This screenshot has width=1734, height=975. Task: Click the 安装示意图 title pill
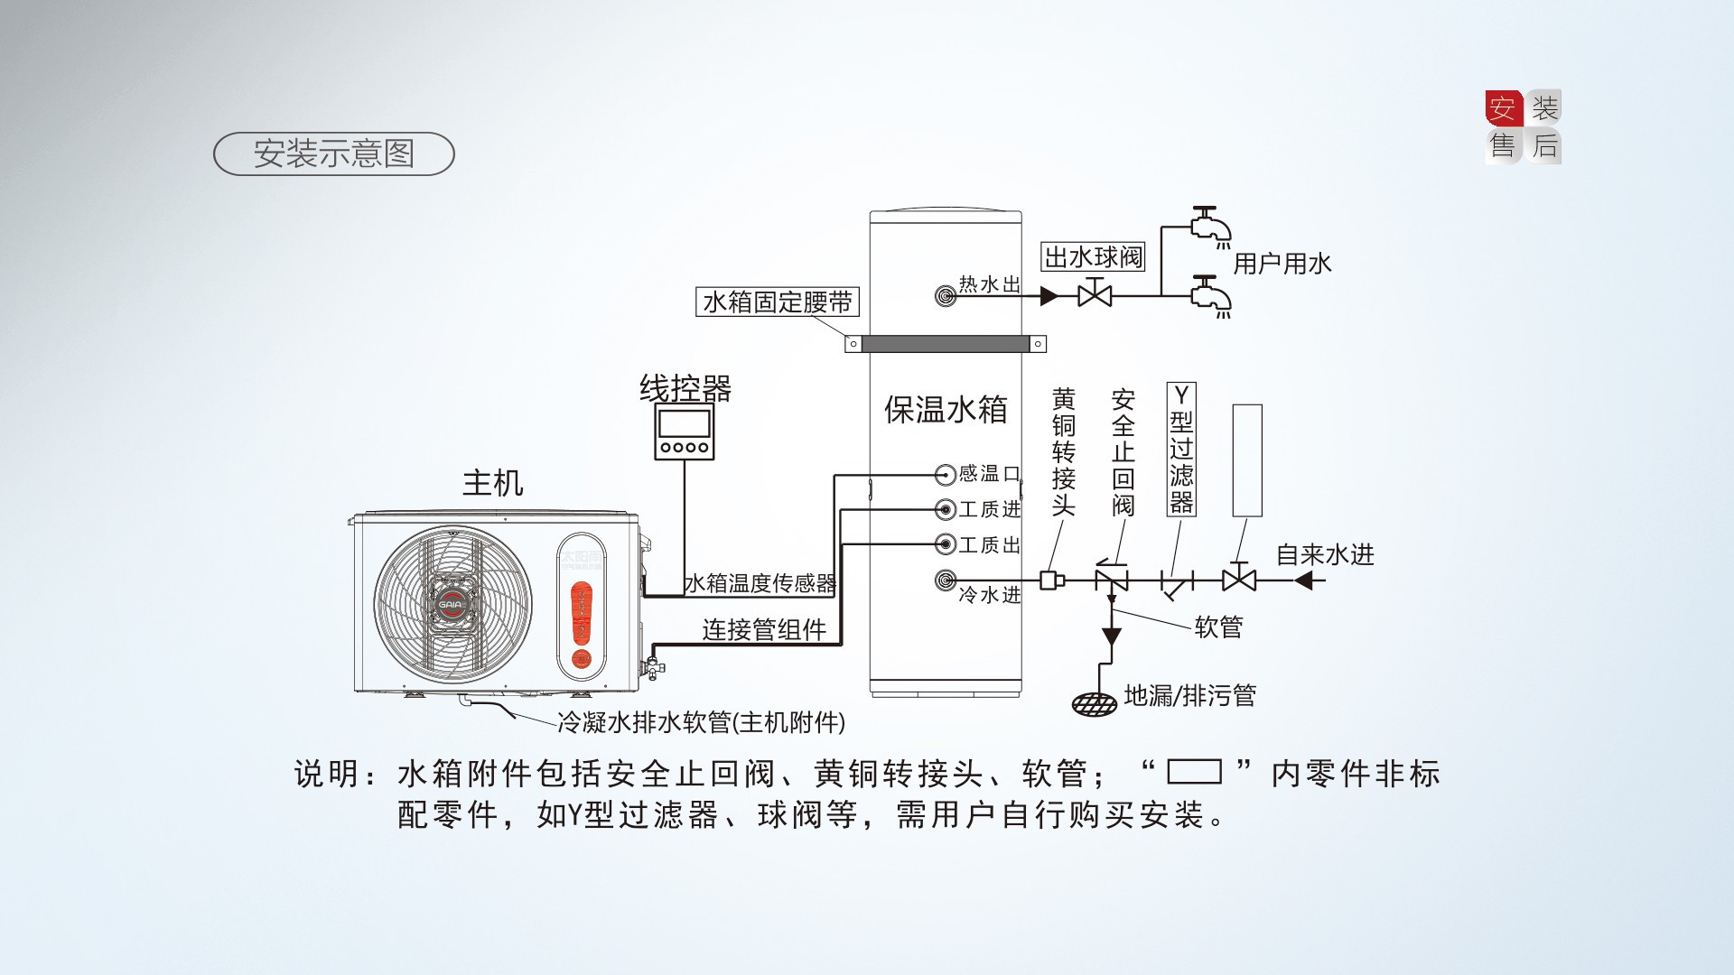[333, 153]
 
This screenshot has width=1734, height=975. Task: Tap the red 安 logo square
[1503, 108]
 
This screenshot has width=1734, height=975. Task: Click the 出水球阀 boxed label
[1093, 257]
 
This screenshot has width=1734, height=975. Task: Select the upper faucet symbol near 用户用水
[1207, 224]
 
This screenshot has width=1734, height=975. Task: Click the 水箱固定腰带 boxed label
[777, 302]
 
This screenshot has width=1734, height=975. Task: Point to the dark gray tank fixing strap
[945, 344]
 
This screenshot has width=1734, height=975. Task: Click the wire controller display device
[685, 432]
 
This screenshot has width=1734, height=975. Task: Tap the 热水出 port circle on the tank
[945, 295]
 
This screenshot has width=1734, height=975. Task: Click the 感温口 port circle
[945, 474]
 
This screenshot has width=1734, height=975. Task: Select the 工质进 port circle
[945, 510]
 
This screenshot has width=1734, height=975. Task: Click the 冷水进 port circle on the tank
[945, 580]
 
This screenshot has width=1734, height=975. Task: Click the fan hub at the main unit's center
[452, 604]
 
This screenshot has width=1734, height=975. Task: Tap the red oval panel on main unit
[582, 614]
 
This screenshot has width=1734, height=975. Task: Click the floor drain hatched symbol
[1094, 704]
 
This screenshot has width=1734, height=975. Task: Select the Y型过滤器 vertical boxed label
[1180, 449]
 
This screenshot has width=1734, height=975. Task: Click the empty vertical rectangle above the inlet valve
[1247, 460]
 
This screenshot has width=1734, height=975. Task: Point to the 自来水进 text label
[1325, 554]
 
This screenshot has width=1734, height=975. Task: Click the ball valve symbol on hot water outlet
[1095, 294]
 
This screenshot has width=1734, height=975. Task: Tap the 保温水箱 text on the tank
[945, 410]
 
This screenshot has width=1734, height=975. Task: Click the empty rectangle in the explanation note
[1194, 772]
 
